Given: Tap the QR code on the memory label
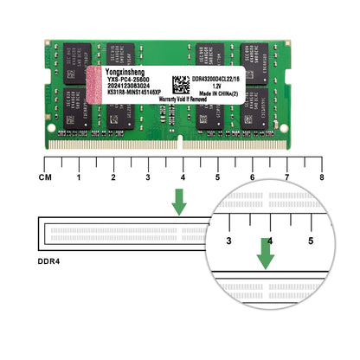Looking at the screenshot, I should [180, 85].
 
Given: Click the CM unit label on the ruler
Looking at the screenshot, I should [44, 177].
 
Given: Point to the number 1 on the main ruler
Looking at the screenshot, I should [79, 177].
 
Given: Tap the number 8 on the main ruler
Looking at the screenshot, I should [321, 177].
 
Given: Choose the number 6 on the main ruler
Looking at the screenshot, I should [252, 177].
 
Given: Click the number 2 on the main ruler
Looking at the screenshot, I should [113, 177].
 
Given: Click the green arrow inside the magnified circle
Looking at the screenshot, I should [266, 253].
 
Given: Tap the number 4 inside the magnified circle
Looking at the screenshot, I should [270, 241].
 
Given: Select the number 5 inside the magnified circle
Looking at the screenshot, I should [311, 241].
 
